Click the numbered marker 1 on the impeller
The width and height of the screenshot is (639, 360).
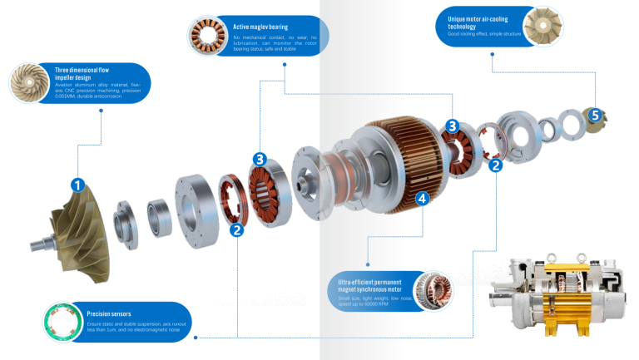point(77,185)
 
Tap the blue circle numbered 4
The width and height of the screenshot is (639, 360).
point(422,198)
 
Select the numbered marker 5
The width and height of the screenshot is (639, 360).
point(595,116)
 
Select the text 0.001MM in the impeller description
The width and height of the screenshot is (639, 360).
point(68,96)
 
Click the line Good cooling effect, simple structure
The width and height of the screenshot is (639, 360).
point(482,35)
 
